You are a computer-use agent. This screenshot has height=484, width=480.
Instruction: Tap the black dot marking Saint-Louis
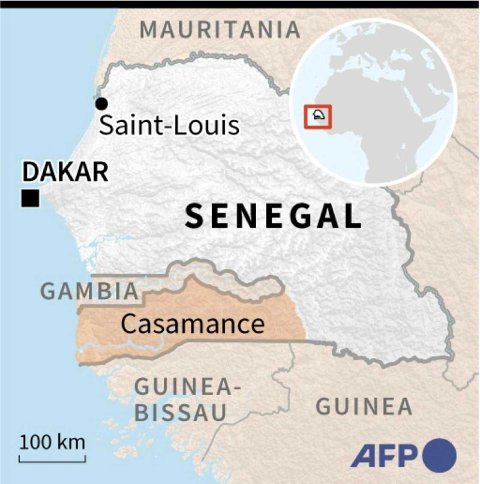pyautogui.click(x=102, y=103)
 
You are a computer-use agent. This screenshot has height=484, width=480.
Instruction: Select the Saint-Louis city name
pyautogui.click(x=169, y=126)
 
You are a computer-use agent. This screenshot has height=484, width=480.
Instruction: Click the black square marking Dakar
pyautogui.click(x=30, y=198)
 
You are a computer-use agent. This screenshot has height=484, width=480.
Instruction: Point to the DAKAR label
pyautogui.click(x=65, y=172)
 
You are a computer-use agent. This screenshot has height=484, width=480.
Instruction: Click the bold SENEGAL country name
pyautogui.click(x=273, y=216)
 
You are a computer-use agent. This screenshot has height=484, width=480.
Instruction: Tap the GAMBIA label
pyautogui.click(x=90, y=292)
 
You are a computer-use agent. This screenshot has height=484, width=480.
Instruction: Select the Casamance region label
pyautogui.click(x=192, y=324)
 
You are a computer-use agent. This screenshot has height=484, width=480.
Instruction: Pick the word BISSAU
pyautogui.click(x=181, y=413)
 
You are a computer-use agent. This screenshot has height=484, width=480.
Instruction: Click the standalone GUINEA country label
pyautogui.click(x=364, y=406)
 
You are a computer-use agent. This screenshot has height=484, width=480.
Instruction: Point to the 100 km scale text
pyautogui.click(x=52, y=442)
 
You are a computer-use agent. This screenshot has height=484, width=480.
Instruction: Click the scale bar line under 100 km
pyautogui.click(x=52, y=461)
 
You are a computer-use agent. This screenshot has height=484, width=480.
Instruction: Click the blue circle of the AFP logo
pyautogui.click(x=439, y=456)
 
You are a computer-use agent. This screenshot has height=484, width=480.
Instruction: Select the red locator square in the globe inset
pyautogui.click(x=318, y=116)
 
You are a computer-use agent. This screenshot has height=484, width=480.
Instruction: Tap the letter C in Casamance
pyautogui.click(x=128, y=324)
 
